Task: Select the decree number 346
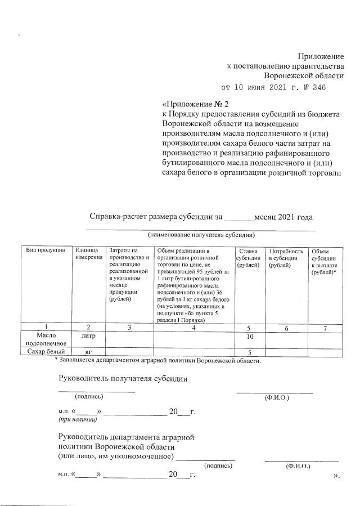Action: tap(318, 88)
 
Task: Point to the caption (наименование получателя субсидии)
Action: tap(201, 234)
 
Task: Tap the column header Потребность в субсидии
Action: tap(286, 258)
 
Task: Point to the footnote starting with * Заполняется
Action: tap(157, 360)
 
